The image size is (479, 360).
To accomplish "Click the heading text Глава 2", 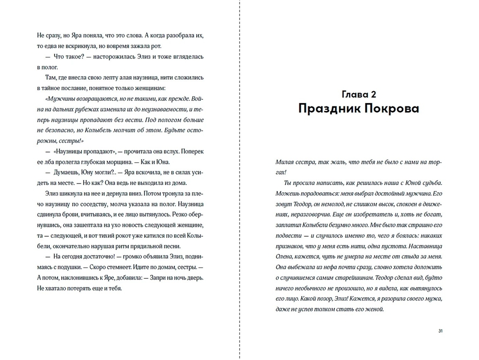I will point(358,93).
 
